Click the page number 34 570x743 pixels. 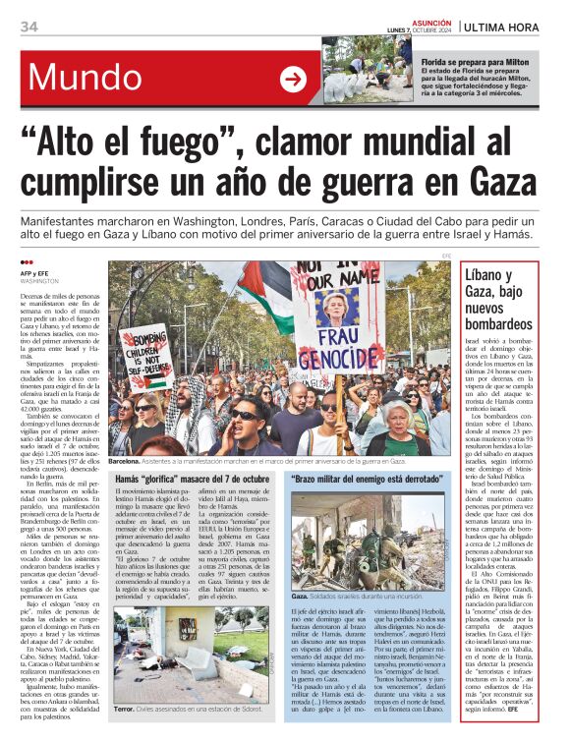[28, 27]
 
